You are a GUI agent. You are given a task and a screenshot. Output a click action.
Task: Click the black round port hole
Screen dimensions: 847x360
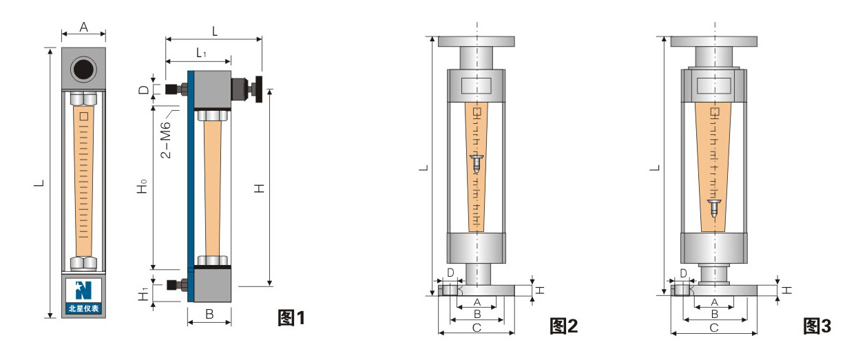(x=83, y=70)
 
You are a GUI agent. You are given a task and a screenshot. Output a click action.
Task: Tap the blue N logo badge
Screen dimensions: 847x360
(x=83, y=296)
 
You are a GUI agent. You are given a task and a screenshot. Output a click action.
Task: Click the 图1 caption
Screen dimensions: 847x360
(x=291, y=317)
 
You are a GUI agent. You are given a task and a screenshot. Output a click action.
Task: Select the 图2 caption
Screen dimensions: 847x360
(x=563, y=326)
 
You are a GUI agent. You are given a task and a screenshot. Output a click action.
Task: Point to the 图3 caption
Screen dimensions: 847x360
(x=817, y=326)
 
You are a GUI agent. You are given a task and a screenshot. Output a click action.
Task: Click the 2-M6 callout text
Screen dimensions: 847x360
(x=166, y=140)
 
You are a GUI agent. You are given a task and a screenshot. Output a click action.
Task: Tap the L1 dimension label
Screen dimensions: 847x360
(x=201, y=53)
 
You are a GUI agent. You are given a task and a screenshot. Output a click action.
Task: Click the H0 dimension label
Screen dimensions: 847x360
(x=142, y=187)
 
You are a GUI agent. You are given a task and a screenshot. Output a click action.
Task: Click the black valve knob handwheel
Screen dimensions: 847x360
(x=259, y=89)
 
